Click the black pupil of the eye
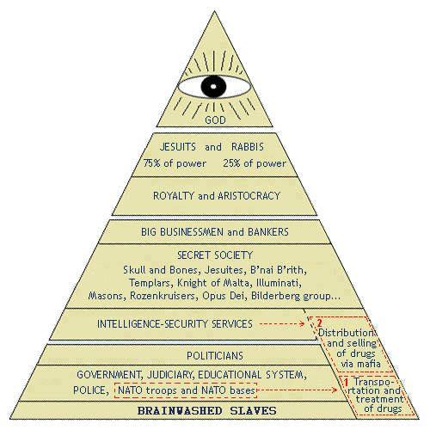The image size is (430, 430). (213, 86)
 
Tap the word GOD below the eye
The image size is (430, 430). (215, 120)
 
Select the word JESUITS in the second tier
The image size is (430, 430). (178, 147)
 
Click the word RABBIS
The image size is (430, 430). (248, 147)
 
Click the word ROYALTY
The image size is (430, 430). (174, 196)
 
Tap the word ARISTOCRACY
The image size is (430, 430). (249, 196)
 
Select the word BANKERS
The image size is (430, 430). (268, 232)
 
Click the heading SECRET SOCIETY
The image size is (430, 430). (215, 255)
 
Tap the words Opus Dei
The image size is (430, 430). (224, 296)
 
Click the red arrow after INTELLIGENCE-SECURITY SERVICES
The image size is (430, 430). (282, 324)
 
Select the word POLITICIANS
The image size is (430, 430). (215, 356)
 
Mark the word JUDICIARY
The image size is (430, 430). (170, 375)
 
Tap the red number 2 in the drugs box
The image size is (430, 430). (319, 323)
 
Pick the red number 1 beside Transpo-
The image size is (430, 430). (346, 382)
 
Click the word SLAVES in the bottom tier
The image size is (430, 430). (253, 411)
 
